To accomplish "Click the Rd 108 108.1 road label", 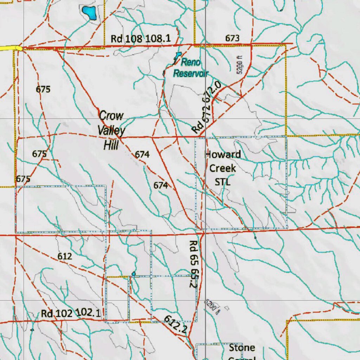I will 141,38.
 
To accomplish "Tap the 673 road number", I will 232,38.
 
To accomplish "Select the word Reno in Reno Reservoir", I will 191,63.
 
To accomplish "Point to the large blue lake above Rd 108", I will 89,13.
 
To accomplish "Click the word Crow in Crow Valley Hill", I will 111,116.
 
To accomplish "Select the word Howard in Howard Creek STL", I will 223,155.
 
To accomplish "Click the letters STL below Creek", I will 223,182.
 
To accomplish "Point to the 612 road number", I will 65,257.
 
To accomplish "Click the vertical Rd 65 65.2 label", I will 193,264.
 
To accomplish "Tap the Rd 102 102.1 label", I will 71,313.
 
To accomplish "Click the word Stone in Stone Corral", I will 242,348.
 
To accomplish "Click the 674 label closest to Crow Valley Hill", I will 142,154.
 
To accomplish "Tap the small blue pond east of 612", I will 134,274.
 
